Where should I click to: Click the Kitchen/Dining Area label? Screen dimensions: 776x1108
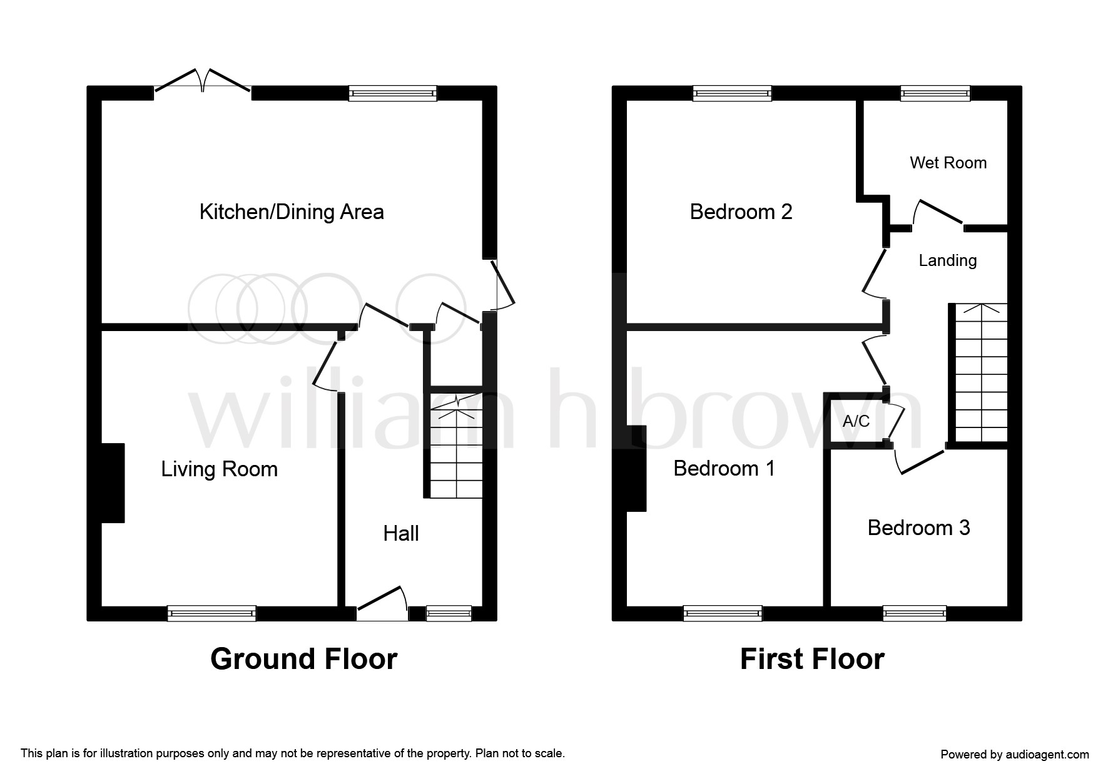pyautogui.click(x=292, y=212)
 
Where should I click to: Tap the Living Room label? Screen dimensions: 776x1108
pyautogui.click(x=219, y=469)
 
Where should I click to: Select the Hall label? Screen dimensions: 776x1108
pyautogui.click(x=400, y=534)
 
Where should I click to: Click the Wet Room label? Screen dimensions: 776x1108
pyautogui.click(x=948, y=163)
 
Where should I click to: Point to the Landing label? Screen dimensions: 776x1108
pyautogui.click(x=947, y=260)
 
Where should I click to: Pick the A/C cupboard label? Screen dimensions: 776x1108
pyautogui.click(x=856, y=421)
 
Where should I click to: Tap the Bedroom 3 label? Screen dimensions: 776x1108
pyautogui.click(x=918, y=528)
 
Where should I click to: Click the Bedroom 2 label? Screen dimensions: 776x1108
pyautogui.click(x=741, y=212)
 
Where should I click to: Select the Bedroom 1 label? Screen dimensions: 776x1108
pyautogui.click(x=724, y=469)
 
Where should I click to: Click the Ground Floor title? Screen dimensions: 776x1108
pyautogui.click(x=303, y=659)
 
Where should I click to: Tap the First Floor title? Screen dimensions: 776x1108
pyautogui.click(x=812, y=659)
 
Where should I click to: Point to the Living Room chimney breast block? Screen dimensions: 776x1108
pyautogui.click(x=113, y=482)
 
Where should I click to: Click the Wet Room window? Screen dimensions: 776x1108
pyautogui.click(x=935, y=94)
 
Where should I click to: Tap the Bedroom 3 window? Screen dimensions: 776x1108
pyautogui.click(x=914, y=613)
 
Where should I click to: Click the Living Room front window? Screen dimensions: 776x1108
pyautogui.click(x=211, y=613)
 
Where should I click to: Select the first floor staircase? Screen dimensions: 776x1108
pyautogui.click(x=981, y=373)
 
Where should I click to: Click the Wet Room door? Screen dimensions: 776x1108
pyautogui.click(x=938, y=213)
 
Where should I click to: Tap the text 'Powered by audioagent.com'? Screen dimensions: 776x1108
pyautogui.click(x=1014, y=755)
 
